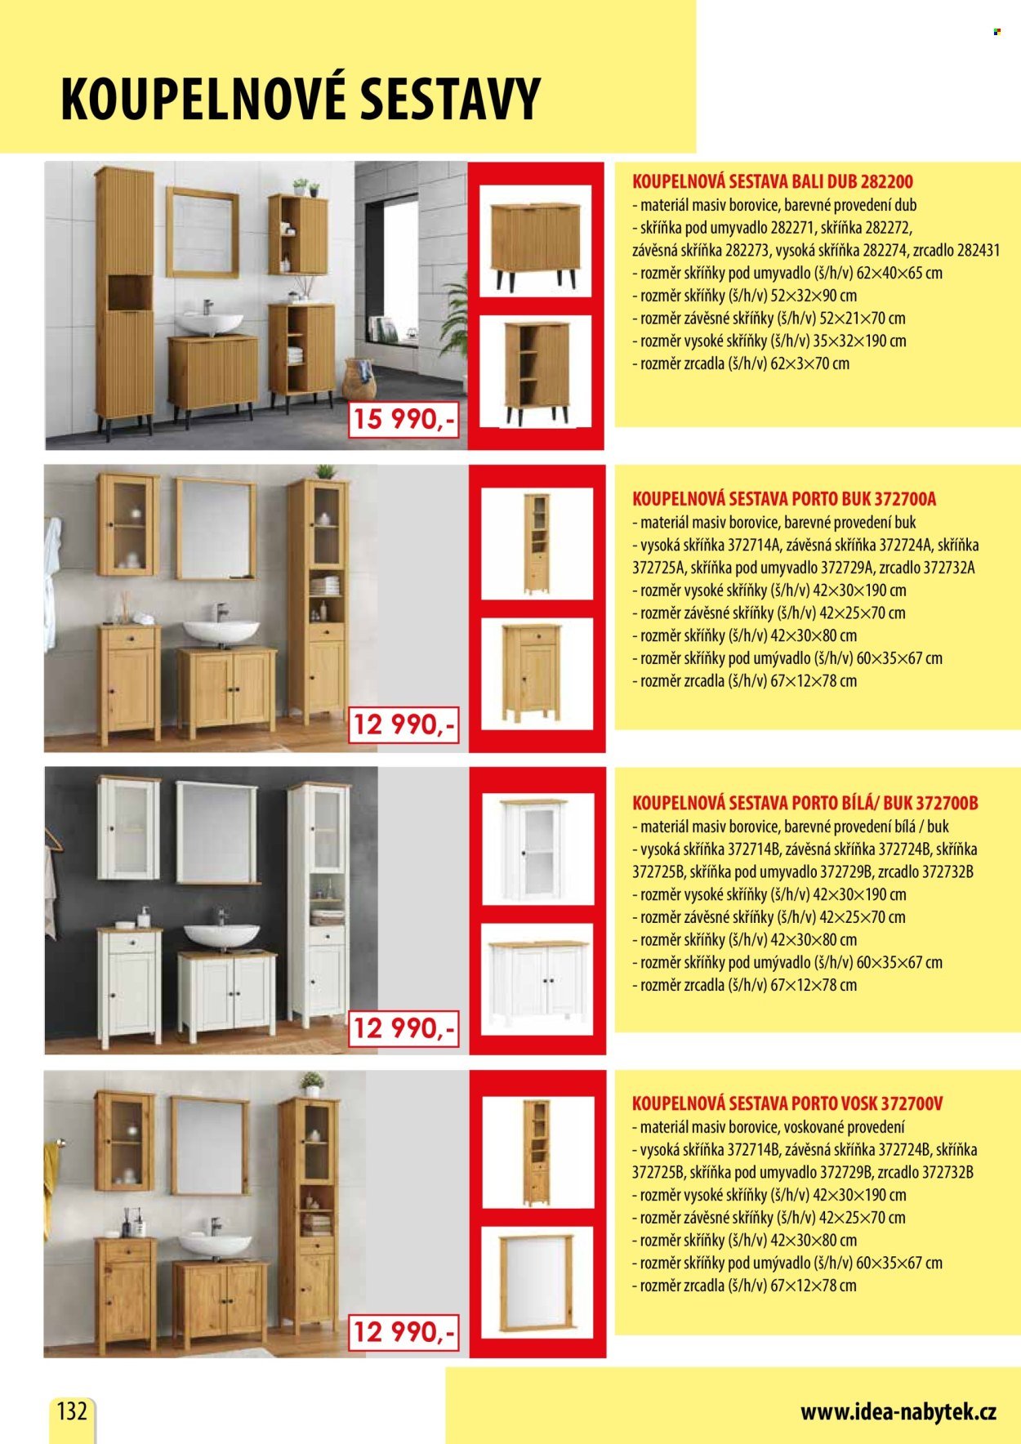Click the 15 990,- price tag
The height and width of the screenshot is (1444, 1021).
pos(403,420)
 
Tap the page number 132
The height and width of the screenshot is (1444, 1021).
pos(72,1411)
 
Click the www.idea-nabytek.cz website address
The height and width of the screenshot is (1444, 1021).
pos(898,1412)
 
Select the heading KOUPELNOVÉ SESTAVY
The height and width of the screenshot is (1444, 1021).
pos(301,99)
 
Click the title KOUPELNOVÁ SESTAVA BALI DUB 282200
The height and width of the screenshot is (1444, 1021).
pos(773,181)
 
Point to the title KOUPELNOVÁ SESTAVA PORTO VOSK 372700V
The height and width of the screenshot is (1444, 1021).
pos(787,1103)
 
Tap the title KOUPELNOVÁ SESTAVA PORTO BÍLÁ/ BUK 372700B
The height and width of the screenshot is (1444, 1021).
pos(805,802)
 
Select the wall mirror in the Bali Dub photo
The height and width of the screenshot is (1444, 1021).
pos(203,233)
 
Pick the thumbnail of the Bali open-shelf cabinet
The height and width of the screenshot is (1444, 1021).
pos(536,372)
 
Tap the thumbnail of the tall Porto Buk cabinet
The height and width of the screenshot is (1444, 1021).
pos(537,544)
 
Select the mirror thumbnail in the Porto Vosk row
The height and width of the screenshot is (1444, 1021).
pos(537,1281)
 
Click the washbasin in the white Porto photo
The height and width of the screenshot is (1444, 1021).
pos(221,936)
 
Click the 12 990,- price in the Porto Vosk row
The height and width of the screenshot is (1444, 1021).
pos(403,1333)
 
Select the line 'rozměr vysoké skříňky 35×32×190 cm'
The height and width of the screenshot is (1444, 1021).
pos(769,341)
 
